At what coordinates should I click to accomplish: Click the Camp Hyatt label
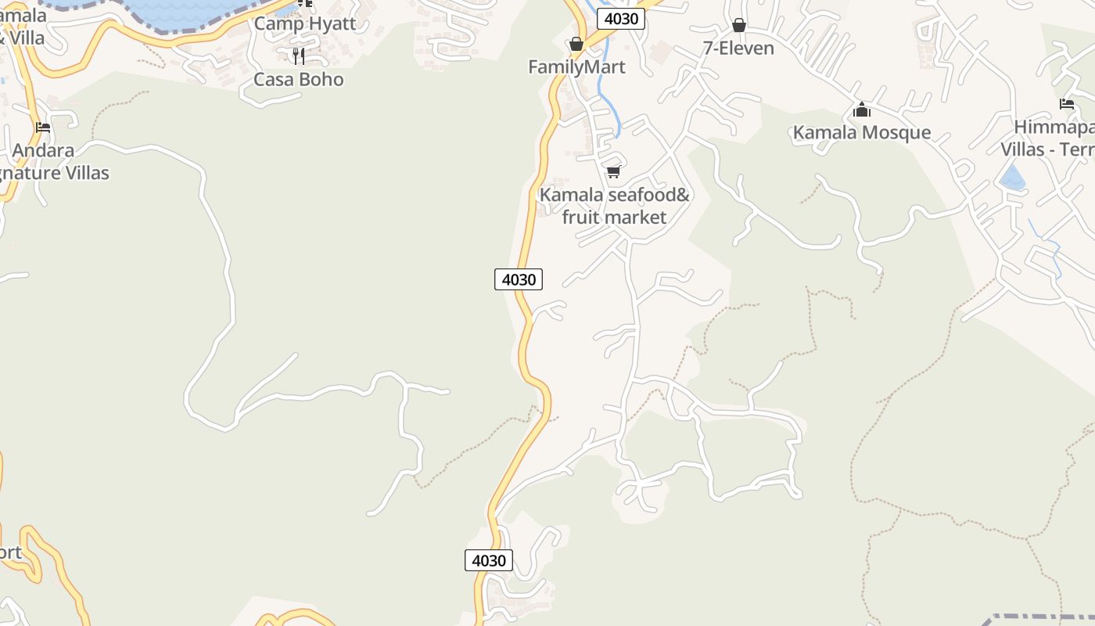point(304,23)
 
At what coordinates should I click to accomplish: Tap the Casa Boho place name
point(298,79)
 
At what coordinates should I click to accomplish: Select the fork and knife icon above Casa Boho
point(298,56)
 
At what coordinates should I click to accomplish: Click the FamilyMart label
point(576,67)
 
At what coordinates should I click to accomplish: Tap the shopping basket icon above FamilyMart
point(576,44)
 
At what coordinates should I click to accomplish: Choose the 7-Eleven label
point(738,49)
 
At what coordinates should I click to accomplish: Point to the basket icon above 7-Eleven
point(738,26)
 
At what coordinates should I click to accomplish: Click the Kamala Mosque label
point(862,132)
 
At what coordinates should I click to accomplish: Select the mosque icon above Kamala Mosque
point(862,110)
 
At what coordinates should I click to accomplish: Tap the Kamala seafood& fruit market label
point(614,206)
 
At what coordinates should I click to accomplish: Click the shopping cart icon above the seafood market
point(614,171)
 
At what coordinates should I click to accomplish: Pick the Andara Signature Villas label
point(47,161)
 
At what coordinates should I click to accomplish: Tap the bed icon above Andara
point(43,128)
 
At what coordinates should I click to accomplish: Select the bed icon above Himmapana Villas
point(1067,104)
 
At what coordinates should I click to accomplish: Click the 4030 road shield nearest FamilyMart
point(621,19)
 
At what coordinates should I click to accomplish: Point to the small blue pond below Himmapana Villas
point(1013,178)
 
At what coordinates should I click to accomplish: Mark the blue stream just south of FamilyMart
point(605,102)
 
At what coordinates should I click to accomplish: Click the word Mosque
point(896,132)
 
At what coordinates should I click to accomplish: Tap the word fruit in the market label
point(582,217)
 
